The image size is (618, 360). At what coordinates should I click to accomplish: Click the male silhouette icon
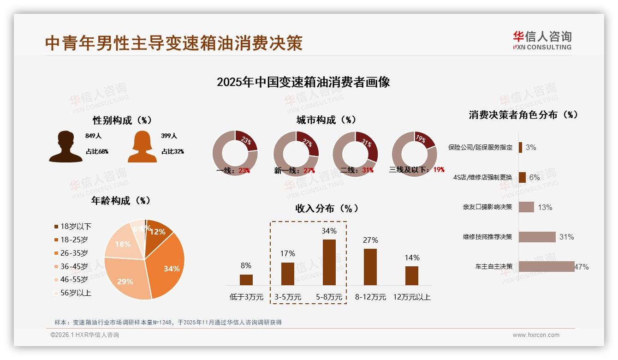[x=65, y=147]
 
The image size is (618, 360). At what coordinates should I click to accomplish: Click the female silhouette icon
[x=142, y=147]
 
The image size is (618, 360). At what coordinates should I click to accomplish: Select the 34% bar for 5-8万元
[x=329, y=262]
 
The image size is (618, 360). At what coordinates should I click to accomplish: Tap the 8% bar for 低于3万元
[x=246, y=280]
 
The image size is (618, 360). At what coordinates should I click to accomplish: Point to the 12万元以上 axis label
[x=411, y=297]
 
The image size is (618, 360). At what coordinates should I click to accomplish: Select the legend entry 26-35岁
[x=74, y=253]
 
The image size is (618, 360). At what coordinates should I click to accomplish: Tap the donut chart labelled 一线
[x=235, y=153]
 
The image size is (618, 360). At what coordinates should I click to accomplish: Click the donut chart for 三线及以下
[x=414, y=153]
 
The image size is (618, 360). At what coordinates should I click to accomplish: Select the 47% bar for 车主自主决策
[x=547, y=266]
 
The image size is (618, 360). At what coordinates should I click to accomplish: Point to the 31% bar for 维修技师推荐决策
[x=537, y=237]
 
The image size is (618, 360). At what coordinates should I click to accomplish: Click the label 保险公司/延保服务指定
[x=480, y=147]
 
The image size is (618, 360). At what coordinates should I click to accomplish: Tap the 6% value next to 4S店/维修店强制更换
[x=534, y=177]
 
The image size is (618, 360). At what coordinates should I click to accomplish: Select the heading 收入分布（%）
[x=327, y=208]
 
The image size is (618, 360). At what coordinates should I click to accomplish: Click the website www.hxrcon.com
[x=536, y=335]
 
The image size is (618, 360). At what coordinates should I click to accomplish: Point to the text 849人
[x=93, y=136]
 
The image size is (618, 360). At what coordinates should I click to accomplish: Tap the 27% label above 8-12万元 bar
[x=370, y=240]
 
